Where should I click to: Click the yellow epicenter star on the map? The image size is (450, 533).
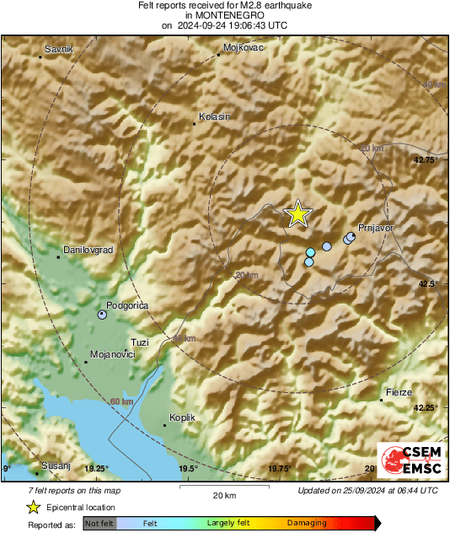point(297,214)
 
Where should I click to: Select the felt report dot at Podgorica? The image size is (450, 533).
point(102,315)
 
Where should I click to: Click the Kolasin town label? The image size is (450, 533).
point(213,116)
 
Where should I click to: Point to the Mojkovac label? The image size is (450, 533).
point(244,48)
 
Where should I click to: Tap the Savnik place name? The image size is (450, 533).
point(58,50)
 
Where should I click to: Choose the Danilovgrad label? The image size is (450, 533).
point(88,250)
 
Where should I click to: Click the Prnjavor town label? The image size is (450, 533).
point(376,228)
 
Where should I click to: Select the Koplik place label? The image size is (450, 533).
point(182,417)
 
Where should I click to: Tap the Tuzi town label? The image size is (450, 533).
point(140,342)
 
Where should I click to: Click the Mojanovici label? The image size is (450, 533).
point(112,355)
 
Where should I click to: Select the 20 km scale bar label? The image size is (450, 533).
point(224,494)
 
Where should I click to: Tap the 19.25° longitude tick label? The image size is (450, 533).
point(97,468)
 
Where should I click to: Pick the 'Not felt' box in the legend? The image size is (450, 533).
point(99,523)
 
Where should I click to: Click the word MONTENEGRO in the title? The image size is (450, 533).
point(224,15)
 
